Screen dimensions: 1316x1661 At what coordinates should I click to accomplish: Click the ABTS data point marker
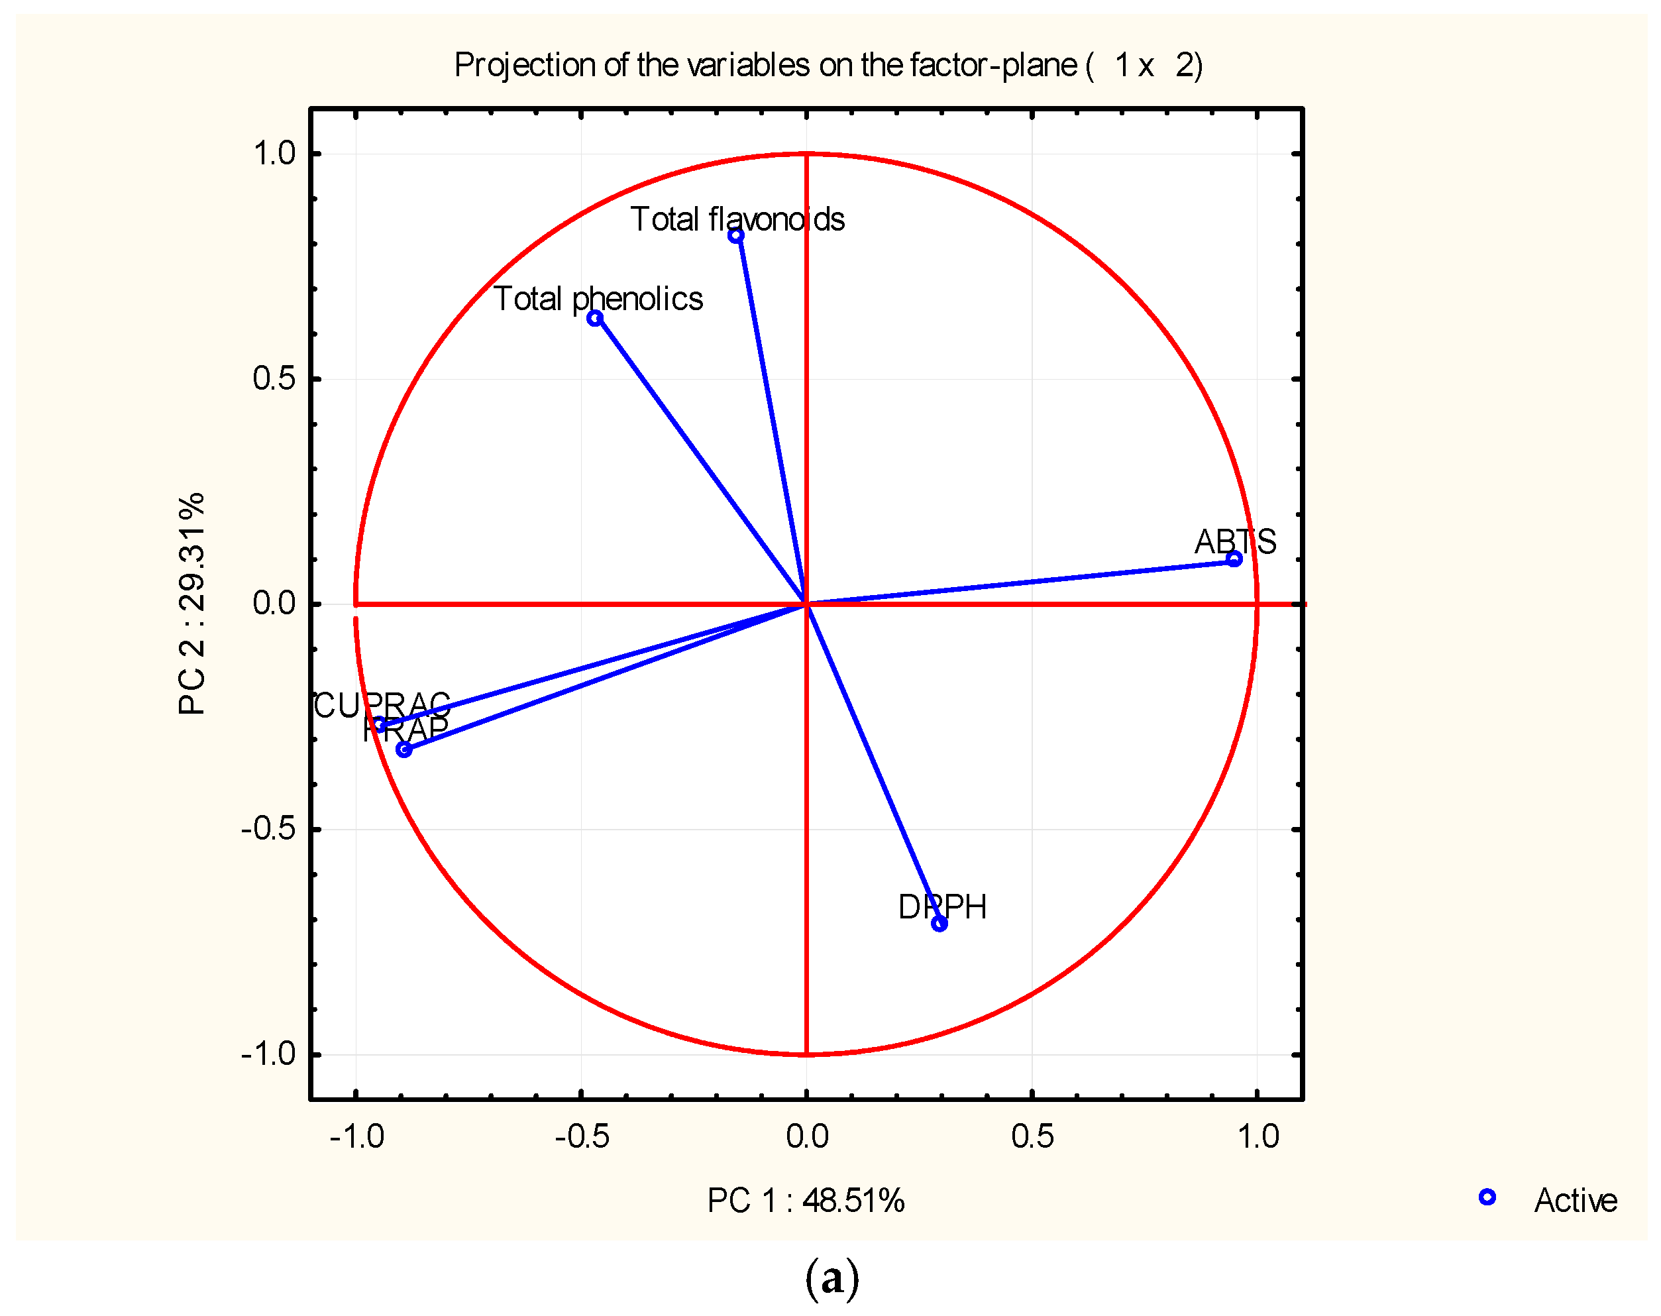click(1234, 559)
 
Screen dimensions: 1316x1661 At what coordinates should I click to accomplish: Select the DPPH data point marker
click(939, 924)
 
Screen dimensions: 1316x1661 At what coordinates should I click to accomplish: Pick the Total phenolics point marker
click(595, 318)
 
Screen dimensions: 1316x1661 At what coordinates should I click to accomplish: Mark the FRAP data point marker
click(403, 749)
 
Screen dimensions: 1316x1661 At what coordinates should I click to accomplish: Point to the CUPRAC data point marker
click(379, 725)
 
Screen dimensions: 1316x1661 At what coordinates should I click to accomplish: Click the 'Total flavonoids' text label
click(737, 219)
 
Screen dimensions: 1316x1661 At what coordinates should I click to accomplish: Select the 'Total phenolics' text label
click(598, 299)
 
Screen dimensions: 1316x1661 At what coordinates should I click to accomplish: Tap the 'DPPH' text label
click(942, 907)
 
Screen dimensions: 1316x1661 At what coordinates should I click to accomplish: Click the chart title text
click(828, 65)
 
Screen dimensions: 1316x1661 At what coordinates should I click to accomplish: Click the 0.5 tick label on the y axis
click(274, 379)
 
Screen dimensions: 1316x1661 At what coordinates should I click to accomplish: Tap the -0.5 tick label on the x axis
click(582, 1136)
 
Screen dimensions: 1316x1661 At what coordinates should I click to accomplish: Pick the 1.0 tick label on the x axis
click(1258, 1136)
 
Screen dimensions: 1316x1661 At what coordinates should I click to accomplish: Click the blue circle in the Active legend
click(1487, 1197)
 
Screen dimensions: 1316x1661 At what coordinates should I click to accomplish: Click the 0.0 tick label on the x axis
click(806, 1136)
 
